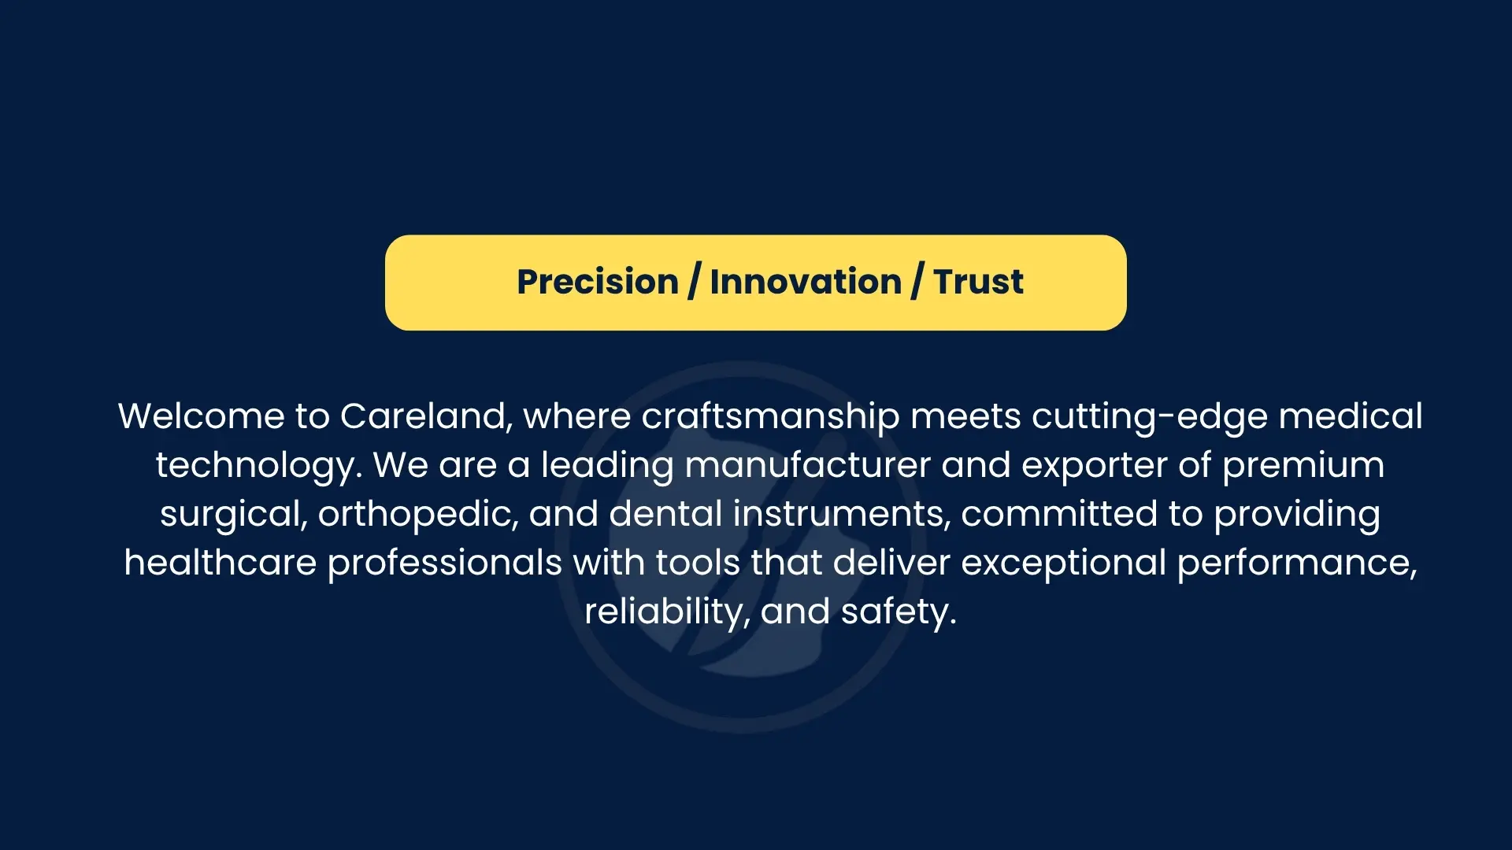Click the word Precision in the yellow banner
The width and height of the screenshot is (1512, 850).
pyautogui.click(x=598, y=282)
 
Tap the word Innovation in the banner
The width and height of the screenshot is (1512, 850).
pyautogui.click(x=806, y=282)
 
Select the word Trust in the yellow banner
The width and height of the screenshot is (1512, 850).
pyautogui.click(x=979, y=282)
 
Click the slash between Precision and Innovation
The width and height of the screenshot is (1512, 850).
pyautogui.click(x=694, y=282)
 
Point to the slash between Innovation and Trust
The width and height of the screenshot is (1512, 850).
pyautogui.click(x=917, y=282)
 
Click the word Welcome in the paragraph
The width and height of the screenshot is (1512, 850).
pyautogui.click(x=202, y=416)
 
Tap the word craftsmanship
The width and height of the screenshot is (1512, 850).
pyautogui.click(x=770, y=417)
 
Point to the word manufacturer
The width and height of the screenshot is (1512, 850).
pyautogui.click(x=808, y=465)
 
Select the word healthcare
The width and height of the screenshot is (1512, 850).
pyautogui.click(x=220, y=563)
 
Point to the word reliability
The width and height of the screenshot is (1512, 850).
pyautogui.click(x=667, y=612)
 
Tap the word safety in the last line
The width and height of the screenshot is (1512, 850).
pyautogui.click(x=899, y=612)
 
